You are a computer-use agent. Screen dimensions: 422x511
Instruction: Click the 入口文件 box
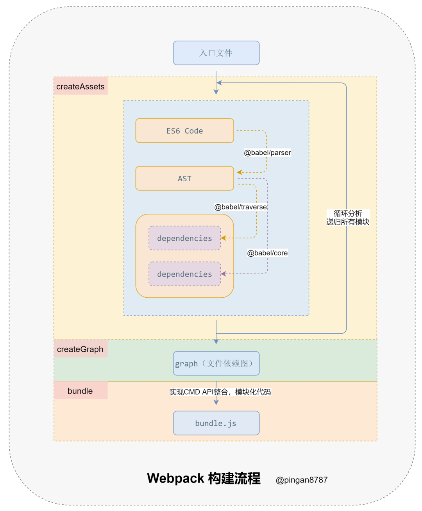click(x=216, y=53)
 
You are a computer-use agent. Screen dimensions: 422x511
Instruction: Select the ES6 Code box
click(x=184, y=130)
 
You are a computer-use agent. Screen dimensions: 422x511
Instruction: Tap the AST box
click(x=184, y=178)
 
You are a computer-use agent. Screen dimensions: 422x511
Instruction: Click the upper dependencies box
click(x=184, y=238)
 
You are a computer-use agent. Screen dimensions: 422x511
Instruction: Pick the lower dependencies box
click(x=184, y=273)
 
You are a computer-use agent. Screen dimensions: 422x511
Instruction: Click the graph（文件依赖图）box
click(x=216, y=363)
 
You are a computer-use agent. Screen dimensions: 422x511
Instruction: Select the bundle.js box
click(x=216, y=423)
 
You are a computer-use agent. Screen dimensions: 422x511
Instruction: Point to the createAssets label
click(x=80, y=86)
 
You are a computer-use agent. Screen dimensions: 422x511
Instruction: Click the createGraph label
click(x=80, y=349)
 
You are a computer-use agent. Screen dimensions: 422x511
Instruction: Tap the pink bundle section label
click(x=80, y=391)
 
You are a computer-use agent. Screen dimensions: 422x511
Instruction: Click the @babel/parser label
click(x=267, y=152)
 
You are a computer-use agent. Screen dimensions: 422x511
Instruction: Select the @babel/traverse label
click(x=240, y=207)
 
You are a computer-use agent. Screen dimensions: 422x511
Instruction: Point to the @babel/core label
click(x=267, y=252)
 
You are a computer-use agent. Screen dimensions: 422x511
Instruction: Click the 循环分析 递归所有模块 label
click(x=348, y=217)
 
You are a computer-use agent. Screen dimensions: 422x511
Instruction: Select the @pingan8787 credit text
click(x=301, y=480)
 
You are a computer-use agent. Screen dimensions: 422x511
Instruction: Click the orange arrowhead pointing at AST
click(x=240, y=172)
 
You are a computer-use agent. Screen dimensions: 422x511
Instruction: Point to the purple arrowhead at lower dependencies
click(x=223, y=273)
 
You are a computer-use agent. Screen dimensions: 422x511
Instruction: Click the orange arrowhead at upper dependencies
click(x=223, y=238)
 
